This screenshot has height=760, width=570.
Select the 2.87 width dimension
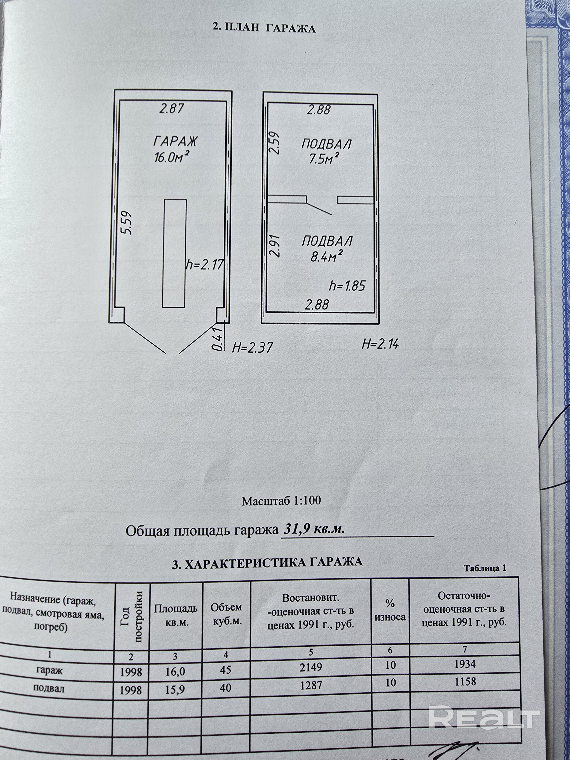(172, 108)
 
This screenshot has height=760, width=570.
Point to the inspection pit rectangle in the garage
(175, 253)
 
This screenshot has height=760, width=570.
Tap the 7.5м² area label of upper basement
(324, 158)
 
